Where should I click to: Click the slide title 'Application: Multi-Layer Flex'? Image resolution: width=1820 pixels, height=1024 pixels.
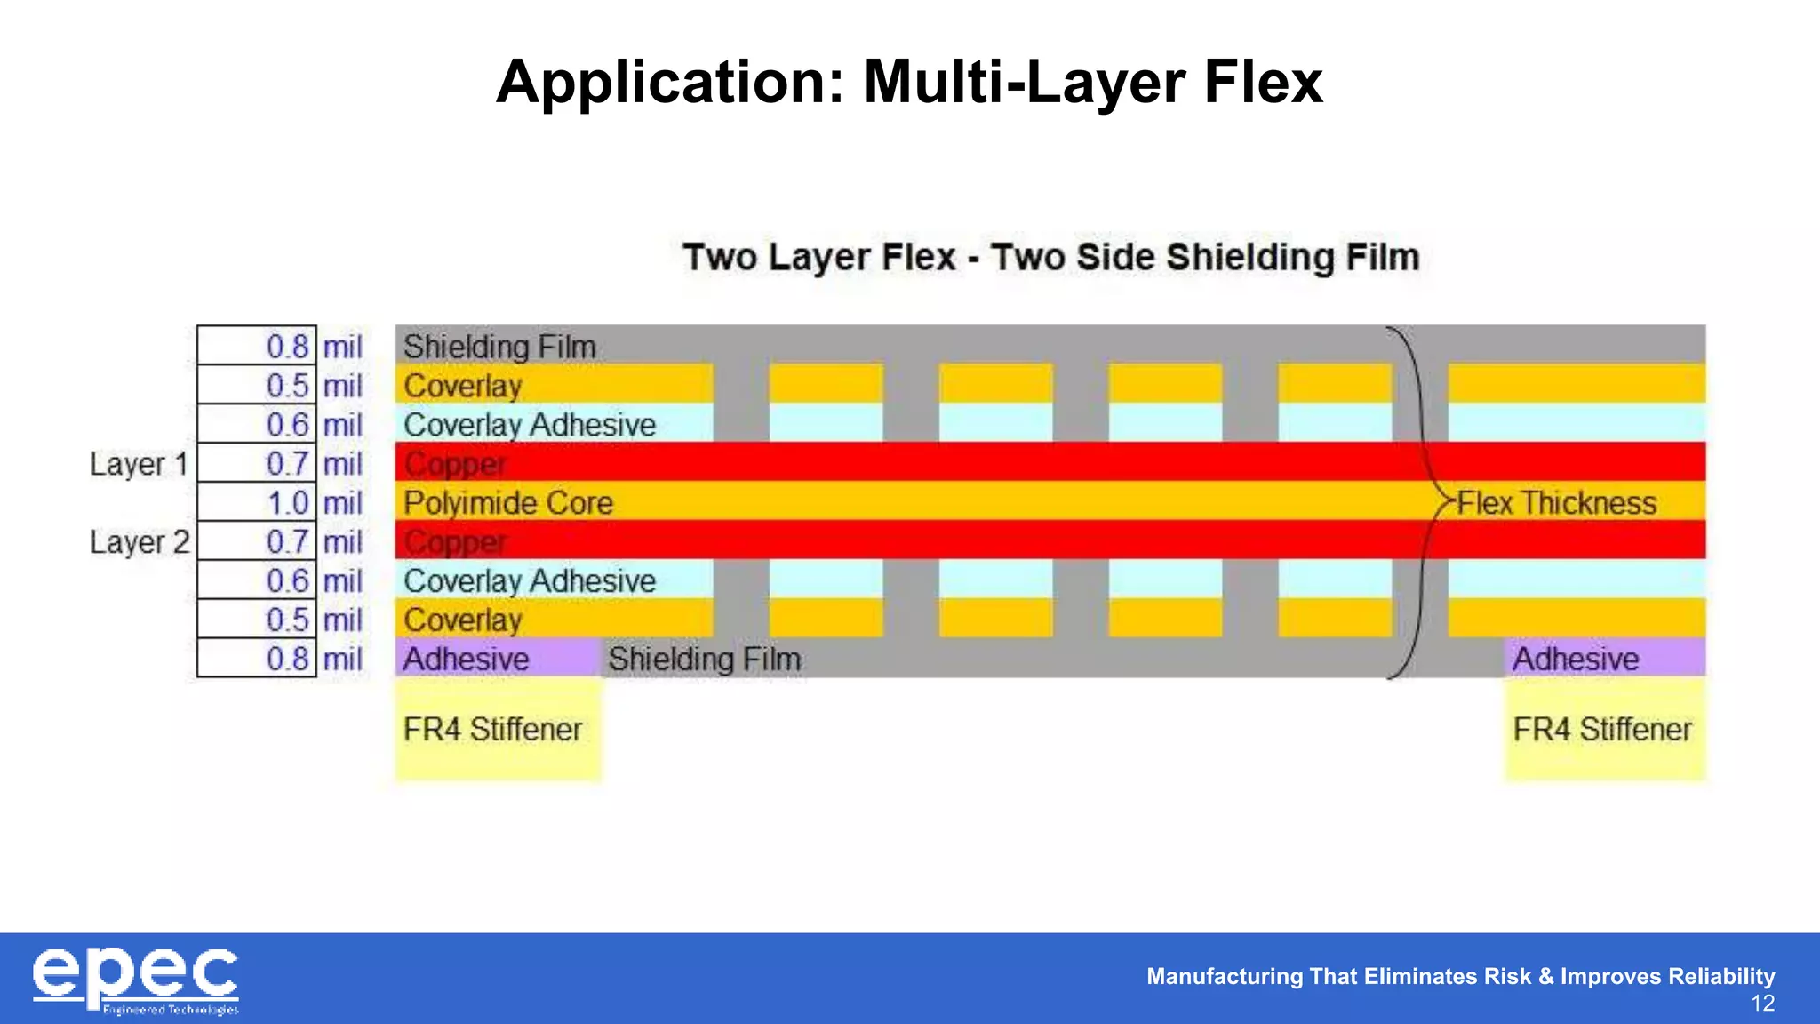coord(909,82)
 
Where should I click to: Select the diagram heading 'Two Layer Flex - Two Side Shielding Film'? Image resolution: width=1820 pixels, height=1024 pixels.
coord(1050,257)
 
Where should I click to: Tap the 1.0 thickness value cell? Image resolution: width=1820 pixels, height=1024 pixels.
coord(257,503)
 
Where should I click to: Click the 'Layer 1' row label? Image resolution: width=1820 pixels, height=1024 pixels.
coord(139,464)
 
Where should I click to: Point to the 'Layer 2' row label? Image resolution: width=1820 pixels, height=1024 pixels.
coord(140,542)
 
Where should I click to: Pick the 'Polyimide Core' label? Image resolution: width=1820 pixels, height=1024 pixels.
coord(508,503)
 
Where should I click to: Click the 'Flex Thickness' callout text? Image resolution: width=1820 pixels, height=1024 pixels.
coord(1556,503)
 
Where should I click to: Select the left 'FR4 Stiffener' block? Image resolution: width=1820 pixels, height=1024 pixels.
coord(498,729)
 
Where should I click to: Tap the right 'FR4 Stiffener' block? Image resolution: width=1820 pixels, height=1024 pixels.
coord(1604,729)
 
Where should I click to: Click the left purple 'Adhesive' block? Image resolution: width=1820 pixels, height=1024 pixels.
coord(498,659)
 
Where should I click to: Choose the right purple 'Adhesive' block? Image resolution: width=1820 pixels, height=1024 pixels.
coord(1604,659)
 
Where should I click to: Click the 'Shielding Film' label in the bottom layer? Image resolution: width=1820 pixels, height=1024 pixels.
coord(705,659)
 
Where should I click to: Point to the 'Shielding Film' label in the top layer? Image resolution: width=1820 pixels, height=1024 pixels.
coord(499,346)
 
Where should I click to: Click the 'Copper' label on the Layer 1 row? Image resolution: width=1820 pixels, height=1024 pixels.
coord(455,464)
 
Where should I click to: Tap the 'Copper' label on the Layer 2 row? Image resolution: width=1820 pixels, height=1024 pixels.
coord(455,542)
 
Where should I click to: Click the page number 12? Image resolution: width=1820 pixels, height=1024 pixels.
coord(1762,1004)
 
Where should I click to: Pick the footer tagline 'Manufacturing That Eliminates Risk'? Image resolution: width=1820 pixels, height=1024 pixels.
coord(1460,976)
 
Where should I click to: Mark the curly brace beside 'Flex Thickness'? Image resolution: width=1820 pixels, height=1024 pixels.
coord(1420,503)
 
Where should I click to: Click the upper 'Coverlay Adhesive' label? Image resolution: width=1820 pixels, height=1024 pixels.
coord(530,425)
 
